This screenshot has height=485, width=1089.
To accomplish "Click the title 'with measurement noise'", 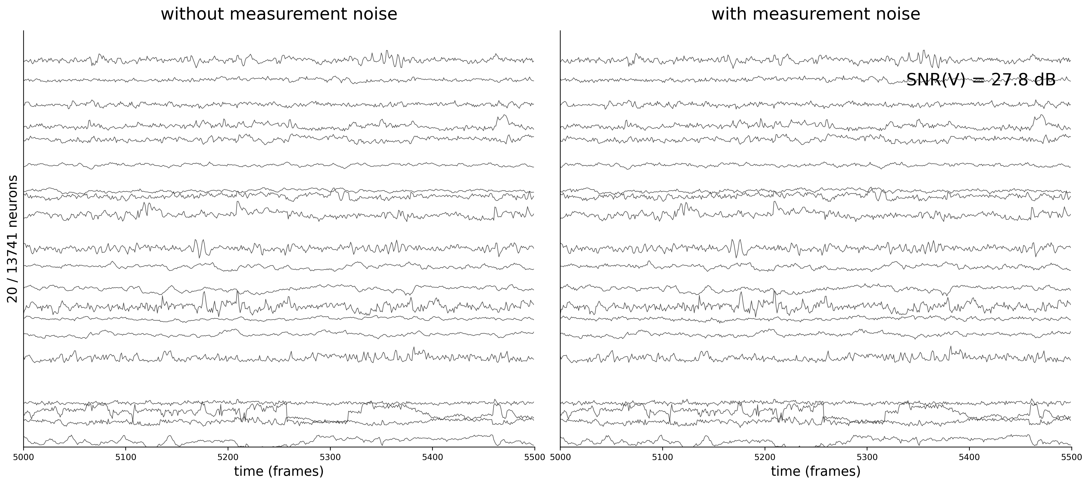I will click(816, 14).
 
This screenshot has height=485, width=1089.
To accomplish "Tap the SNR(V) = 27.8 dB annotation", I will click(981, 80).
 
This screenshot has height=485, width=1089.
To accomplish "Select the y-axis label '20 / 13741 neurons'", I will click(13, 239).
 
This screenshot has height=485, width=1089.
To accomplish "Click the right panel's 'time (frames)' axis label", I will click(816, 471).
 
